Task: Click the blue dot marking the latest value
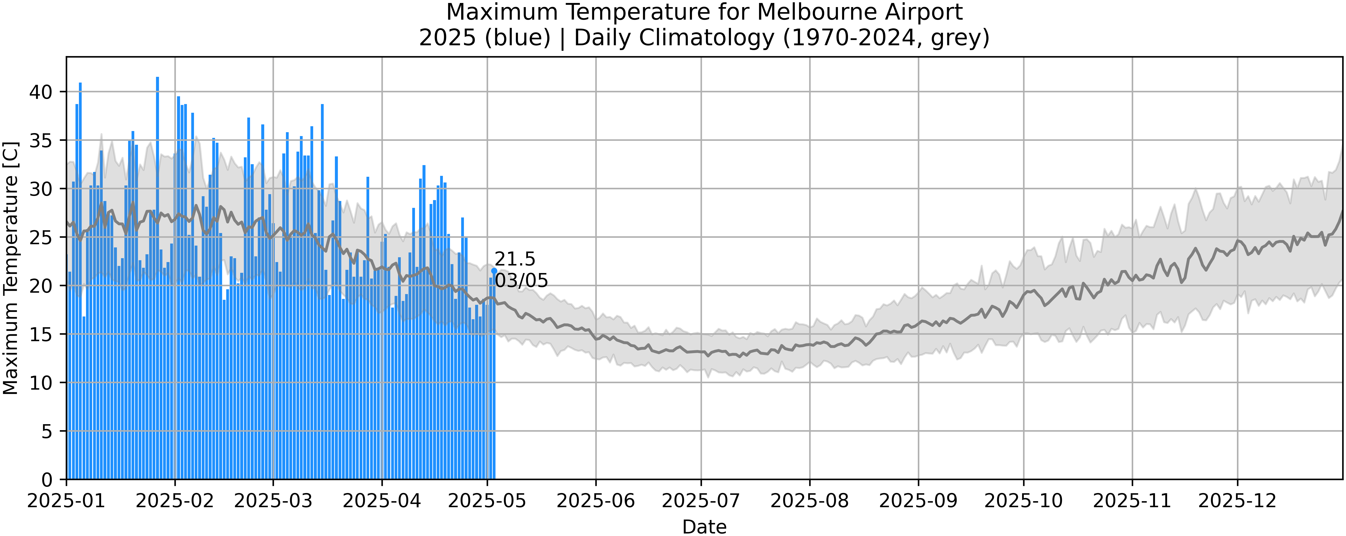(x=494, y=271)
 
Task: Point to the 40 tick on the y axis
(x=41, y=92)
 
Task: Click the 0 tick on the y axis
(x=47, y=480)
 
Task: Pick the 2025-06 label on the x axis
(x=595, y=501)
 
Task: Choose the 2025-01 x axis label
(x=66, y=501)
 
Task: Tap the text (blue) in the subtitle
(x=517, y=38)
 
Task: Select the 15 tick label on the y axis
(x=41, y=334)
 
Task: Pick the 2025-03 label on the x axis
(x=273, y=501)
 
